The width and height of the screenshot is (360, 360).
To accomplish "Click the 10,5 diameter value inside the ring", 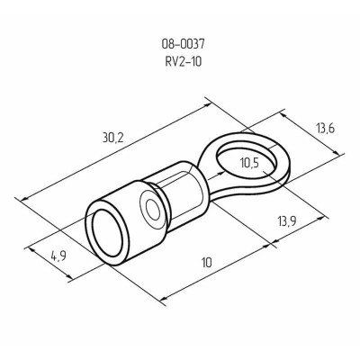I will tap(256, 163).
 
